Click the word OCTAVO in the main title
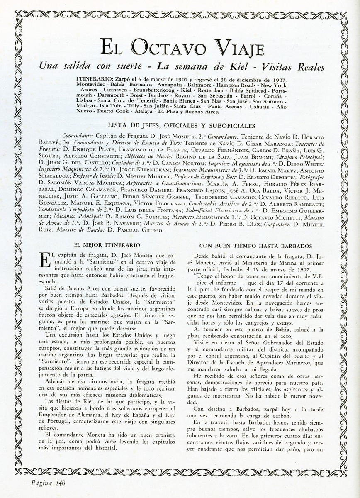(164, 49)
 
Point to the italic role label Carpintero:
(275, 224)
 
